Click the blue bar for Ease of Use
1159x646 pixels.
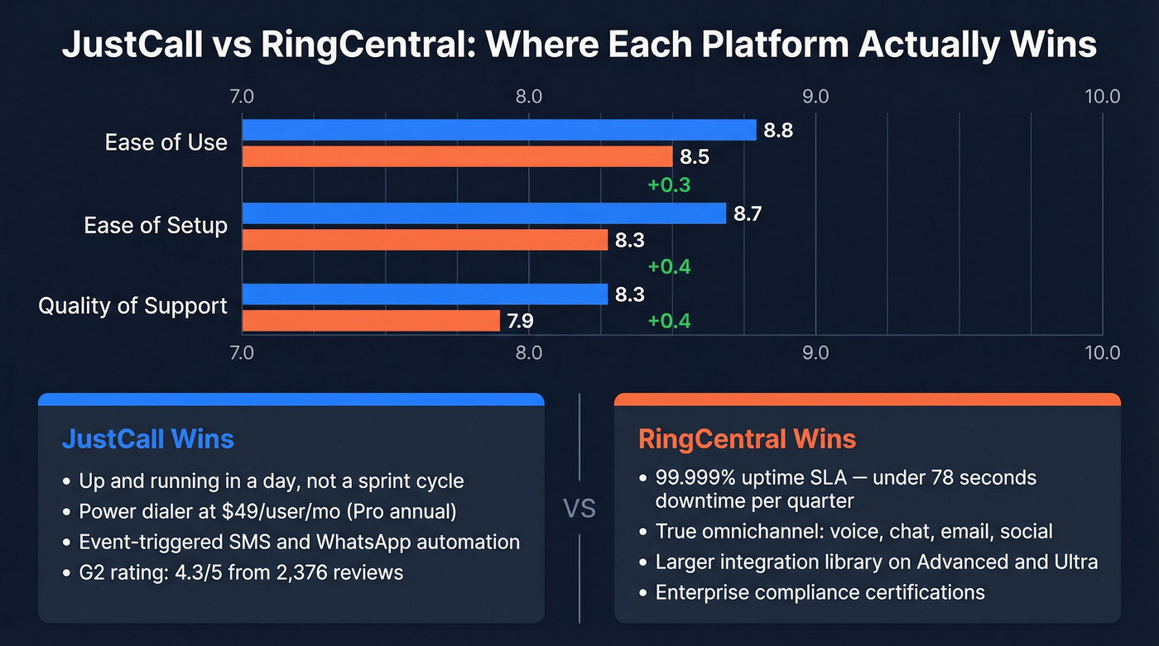click(x=498, y=130)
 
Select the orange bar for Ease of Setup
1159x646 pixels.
click(x=425, y=240)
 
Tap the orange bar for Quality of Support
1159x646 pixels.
click(x=371, y=321)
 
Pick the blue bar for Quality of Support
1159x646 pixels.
click(x=425, y=294)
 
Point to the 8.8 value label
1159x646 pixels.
click(x=777, y=130)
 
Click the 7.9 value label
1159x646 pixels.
click(x=522, y=321)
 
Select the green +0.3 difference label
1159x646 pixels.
click(x=669, y=184)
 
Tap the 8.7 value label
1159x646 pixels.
click(x=748, y=213)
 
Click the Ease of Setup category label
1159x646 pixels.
click(x=156, y=225)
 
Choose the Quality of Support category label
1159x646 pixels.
click(x=132, y=306)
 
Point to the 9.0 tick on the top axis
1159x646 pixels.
click(x=815, y=97)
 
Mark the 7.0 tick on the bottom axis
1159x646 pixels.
click(x=242, y=353)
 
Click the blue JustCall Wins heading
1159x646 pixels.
click(x=147, y=438)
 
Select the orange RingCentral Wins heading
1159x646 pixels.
click(x=747, y=438)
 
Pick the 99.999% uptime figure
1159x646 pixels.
click(x=694, y=478)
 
